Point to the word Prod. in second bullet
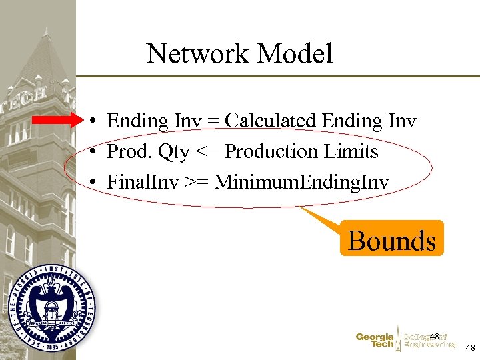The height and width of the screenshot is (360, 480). point(130,152)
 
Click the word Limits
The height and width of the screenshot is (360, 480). point(351,152)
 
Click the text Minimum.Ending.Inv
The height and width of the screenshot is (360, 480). point(301,182)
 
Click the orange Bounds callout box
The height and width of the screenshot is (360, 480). point(391,239)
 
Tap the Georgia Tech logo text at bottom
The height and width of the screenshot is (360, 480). point(375,341)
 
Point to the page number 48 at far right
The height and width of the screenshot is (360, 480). point(470,348)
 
